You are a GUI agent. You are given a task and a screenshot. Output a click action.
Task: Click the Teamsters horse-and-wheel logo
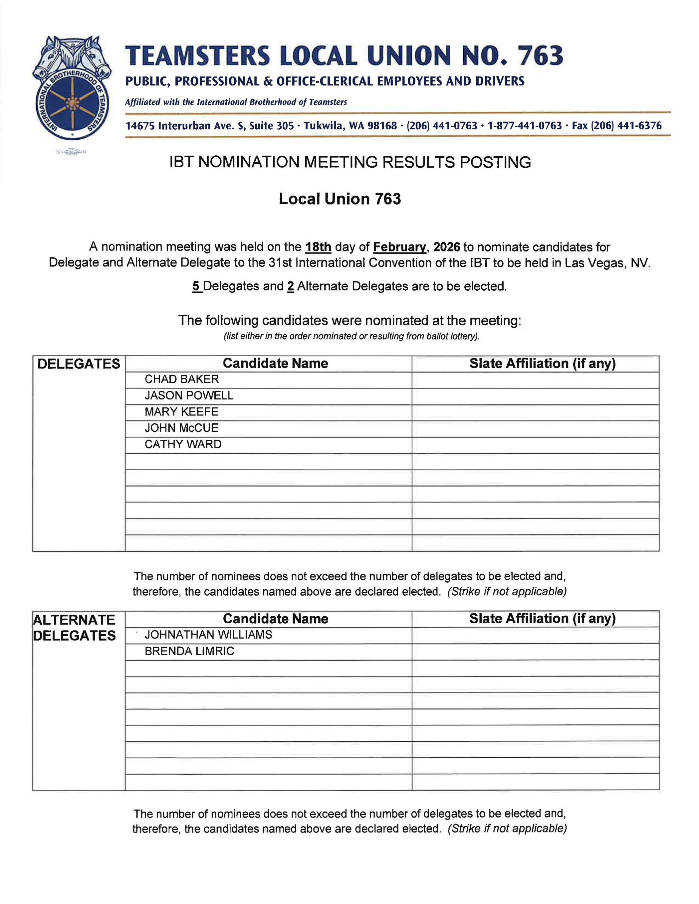(x=72, y=88)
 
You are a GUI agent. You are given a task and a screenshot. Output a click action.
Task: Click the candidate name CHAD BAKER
(x=181, y=379)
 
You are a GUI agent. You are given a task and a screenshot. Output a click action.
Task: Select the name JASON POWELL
(x=189, y=395)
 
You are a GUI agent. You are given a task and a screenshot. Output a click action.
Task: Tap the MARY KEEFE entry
(x=181, y=411)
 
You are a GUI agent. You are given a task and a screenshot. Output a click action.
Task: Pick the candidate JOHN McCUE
(x=181, y=428)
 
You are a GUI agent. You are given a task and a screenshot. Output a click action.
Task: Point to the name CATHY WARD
(x=183, y=444)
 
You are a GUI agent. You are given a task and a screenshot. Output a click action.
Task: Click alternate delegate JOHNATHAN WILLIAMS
(x=208, y=635)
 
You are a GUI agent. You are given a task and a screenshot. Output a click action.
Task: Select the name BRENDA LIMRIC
(x=189, y=651)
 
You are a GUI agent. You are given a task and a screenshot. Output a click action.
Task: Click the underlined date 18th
(x=318, y=247)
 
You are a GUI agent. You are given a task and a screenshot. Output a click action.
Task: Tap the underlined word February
(x=399, y=247)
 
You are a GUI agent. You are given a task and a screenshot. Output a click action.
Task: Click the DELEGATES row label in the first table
(x=79, y=364)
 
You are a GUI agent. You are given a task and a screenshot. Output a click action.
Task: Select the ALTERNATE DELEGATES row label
(x=74, y=628)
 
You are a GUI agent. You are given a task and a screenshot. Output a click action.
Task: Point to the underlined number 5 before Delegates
(x=196, y=286)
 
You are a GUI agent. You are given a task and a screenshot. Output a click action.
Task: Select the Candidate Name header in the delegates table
(x=275, y=364)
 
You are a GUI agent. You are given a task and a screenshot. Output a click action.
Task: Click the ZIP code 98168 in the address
(x=382, y=126)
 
